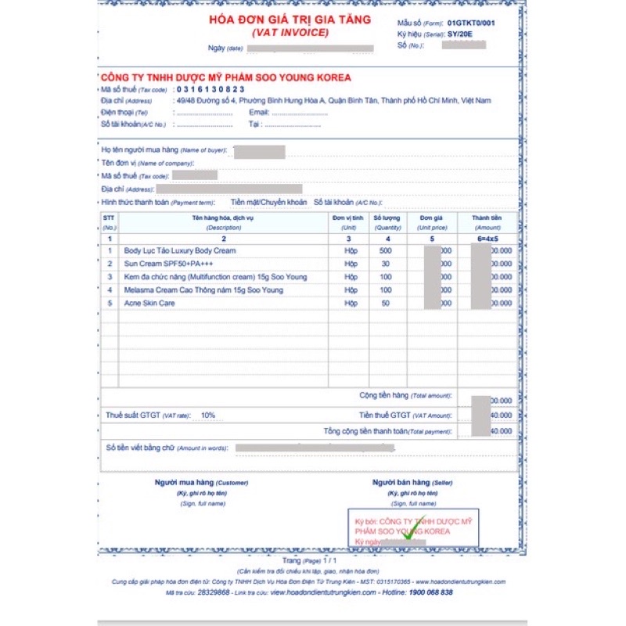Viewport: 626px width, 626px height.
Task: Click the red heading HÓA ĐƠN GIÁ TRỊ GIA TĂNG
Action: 290,20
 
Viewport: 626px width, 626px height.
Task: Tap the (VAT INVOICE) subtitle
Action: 290,33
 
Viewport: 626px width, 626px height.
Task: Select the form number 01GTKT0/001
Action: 471,23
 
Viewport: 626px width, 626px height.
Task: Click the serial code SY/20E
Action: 460,34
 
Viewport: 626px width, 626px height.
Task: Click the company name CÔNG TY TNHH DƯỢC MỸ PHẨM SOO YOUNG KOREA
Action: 226,77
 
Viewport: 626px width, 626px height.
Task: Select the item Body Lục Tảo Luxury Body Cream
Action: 180,250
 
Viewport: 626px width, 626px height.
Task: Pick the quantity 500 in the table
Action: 385,250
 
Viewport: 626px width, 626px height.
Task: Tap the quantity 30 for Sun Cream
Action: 385,264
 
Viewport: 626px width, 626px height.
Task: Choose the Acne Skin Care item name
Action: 149,303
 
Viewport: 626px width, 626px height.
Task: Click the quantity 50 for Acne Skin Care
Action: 385,303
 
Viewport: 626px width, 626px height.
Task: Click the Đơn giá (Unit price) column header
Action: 431,221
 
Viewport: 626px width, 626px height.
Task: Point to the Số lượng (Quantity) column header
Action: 387,221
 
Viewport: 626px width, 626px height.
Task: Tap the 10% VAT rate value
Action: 207,416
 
